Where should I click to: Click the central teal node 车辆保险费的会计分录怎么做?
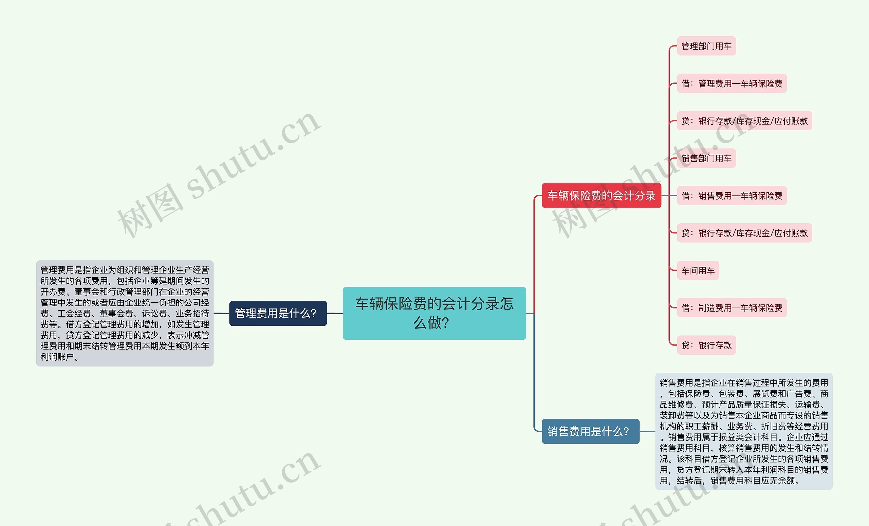coord(434,313)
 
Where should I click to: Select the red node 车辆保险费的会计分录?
coord(601,195)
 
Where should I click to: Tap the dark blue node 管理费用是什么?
coord(278,313)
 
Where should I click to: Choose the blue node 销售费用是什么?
coord(590,431)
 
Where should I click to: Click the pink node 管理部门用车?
coord(706,46)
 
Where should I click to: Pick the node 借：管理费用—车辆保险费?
coord(732,83)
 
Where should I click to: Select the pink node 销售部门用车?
coord(706,158)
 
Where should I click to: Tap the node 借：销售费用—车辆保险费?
coord(732,196)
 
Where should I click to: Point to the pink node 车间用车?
coord(698,270)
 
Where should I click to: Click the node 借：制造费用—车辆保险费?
coord(732,308)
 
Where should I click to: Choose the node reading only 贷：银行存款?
coord(706,345)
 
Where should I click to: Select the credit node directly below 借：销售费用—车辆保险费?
coord(744,233)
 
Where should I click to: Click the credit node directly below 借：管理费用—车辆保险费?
coord(744,121)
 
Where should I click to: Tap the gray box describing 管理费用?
coord(125,313)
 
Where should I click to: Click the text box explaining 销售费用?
coord(743,431)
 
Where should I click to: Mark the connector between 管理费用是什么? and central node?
coord(335,313)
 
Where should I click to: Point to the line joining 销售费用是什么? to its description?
coord(647,431)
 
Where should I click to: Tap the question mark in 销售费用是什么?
coord(626,432)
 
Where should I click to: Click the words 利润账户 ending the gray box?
coord(57,357)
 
